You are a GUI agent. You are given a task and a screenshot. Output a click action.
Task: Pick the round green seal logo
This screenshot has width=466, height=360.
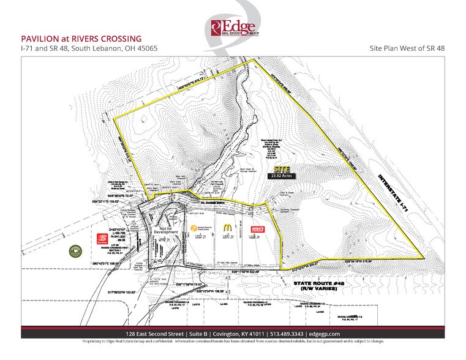pyautogui.click(x=75, y=250)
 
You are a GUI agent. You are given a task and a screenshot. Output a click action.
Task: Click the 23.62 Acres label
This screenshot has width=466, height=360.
pyautogui.click(x=281, y=175)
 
